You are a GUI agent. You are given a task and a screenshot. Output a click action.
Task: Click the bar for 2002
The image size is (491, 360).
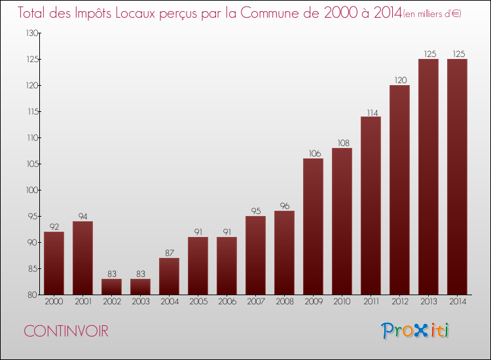pyautogui.click(x=111, y=287)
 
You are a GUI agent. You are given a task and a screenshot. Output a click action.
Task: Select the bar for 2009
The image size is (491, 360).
pyautogui.click(x=313, y=226)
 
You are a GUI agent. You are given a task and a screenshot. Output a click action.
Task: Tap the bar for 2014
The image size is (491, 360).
pyautogui.click(x=457, y=177)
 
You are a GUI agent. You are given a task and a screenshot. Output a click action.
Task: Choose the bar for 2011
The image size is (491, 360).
pyautogui.click(x=371, y=206)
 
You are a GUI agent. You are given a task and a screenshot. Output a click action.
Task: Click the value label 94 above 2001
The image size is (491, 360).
pyautogui.click(x=82, y=216)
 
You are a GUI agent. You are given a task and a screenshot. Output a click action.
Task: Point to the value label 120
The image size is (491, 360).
pyautogui.click(x=399, y=80)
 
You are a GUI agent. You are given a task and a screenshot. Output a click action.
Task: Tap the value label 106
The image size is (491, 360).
pyautogui.click(x=313, y=153)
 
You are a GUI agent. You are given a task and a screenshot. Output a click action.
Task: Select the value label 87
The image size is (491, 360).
pyautogui.click(x=169, y=253)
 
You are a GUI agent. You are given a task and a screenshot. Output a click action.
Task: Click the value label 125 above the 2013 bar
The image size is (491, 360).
pyautogui.click(x=428, y=54)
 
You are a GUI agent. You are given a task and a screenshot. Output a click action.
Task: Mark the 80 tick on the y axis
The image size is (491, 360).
pyautogui.click(x=29, y=295)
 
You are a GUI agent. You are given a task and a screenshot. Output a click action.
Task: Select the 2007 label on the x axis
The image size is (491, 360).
pyautogui.click(x=255, y=302)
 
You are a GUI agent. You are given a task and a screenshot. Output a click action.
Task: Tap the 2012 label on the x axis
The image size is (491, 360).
pyautogui.click(x=399, y=302)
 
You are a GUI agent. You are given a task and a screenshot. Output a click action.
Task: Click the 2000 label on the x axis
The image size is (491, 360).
pyautogui.click(x=54, y=302)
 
